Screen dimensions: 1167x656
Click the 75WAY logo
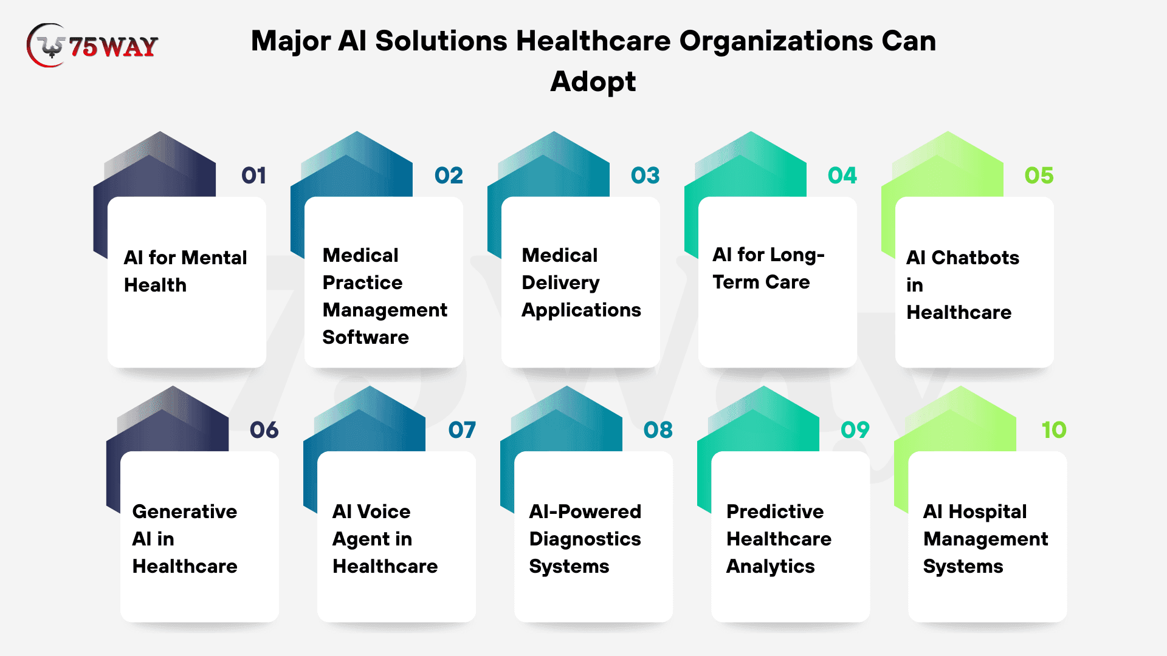click(92, 46)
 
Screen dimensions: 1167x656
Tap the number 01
click(254, 176)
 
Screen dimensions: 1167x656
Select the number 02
click(449, 176)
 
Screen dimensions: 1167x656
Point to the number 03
click(645, 176)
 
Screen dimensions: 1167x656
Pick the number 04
click(842, 176)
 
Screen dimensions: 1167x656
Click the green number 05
click(1039, 176)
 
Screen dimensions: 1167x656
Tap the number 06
click(264, 430)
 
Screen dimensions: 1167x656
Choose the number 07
click(462, 430)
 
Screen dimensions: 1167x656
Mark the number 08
click(658, 430)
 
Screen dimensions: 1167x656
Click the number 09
click(855, 430)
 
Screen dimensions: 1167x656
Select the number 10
click(1054, 430)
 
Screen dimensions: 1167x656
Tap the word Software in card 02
click(366, 337)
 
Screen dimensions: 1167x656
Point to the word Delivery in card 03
click(560, 283)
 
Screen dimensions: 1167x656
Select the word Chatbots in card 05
click(976, 258)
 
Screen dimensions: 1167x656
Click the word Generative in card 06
click(185, 511)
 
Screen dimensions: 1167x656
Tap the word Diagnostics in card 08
click(585, 539)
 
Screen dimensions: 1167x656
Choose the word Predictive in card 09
click(776, 511)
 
